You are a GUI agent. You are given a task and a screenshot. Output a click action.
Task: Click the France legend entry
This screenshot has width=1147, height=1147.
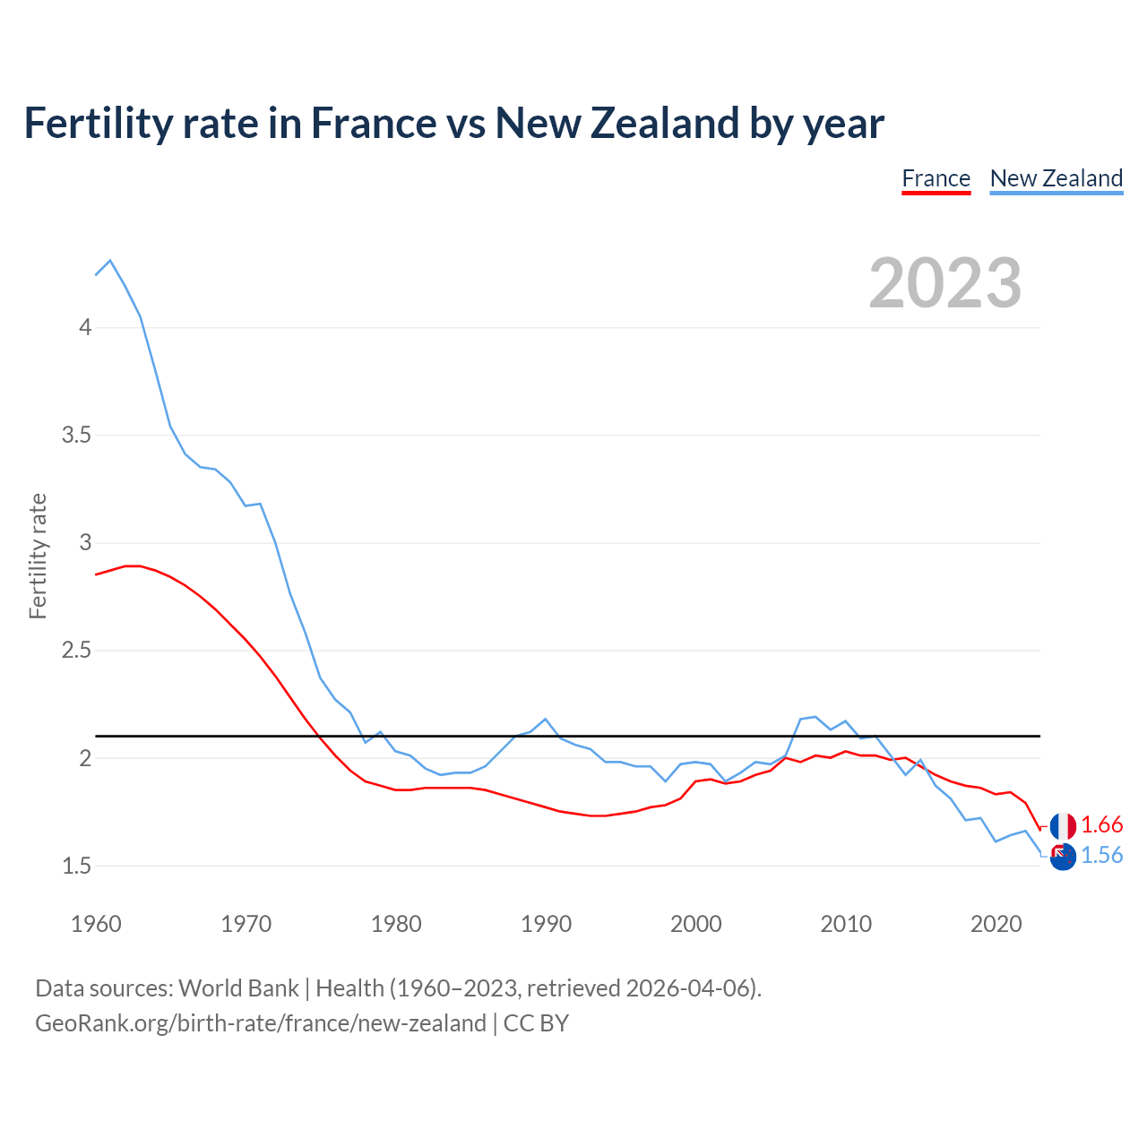[936, 178]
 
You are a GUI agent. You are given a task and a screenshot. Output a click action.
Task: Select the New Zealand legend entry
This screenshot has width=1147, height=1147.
[1056, 178]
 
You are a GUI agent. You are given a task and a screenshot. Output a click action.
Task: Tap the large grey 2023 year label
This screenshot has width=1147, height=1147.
[944, 283]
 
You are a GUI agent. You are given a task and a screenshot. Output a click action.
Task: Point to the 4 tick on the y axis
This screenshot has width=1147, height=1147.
[85, 327]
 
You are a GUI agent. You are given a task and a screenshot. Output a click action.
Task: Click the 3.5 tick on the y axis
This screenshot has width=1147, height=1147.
[76, 436]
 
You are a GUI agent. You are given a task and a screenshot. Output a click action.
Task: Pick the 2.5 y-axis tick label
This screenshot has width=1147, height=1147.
[76, 651]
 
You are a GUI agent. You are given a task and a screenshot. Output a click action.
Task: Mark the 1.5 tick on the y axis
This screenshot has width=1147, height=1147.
[76, 866]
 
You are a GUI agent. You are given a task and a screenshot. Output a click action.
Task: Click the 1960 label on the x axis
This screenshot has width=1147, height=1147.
[96, 924]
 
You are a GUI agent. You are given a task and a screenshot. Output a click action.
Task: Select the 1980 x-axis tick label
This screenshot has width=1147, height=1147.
[396, 924]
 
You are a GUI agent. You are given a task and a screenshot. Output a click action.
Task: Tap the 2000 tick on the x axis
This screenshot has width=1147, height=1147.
[695, 924]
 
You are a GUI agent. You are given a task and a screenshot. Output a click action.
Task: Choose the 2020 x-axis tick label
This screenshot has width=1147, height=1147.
[996, 924]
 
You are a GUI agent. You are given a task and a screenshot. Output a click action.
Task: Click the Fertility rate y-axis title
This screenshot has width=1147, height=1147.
[38, 556]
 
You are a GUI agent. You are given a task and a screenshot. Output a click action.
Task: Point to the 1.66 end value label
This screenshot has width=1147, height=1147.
[1101, 825]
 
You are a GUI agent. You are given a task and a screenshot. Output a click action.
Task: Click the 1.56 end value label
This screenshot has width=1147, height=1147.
[1101, 856]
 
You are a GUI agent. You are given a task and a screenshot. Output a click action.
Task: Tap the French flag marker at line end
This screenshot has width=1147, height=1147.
[1063, 826]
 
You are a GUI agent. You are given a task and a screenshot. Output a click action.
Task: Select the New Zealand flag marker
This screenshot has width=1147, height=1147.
[1063, 857]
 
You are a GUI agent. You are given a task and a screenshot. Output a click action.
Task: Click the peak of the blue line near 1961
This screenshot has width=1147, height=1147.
[110, 261]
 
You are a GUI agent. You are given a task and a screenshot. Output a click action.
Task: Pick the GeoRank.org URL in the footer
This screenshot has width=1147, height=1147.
[260, 1023]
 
